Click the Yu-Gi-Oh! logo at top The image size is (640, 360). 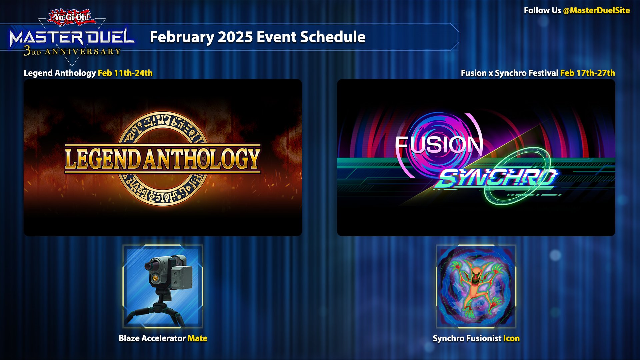[72, 17]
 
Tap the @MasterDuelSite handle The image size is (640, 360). [596, 11]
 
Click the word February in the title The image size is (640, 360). [182, 37]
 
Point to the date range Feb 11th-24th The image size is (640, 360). [125, 73]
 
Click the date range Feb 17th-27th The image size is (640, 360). [588, 73]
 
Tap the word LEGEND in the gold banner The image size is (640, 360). [103, 159]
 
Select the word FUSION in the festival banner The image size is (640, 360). [439, 144]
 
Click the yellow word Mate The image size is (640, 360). [197, 338]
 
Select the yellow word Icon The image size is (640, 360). [511, 338]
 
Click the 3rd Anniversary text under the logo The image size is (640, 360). [72, 51]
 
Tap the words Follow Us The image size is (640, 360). [542, 11]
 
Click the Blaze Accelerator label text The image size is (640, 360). [152, 338]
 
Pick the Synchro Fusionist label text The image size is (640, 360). [467, 338]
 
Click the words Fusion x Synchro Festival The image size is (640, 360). [509, 73]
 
